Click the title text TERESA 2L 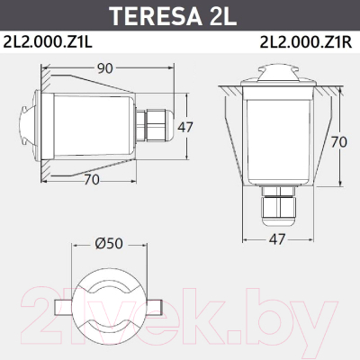click(x=174, y=15)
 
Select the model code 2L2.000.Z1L click(x=48, y=42)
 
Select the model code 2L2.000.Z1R click(x=306, y=42)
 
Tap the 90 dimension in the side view click(x=104, y=68)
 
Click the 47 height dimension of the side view click(x=185, y=127)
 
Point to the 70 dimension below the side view click(x=92, y=180)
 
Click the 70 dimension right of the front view click(x=339, y=142)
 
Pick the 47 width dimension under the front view click(x=276, y=239)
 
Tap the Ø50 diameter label click(x=109, y=244)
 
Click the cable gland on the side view click(x=155, y=125)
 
